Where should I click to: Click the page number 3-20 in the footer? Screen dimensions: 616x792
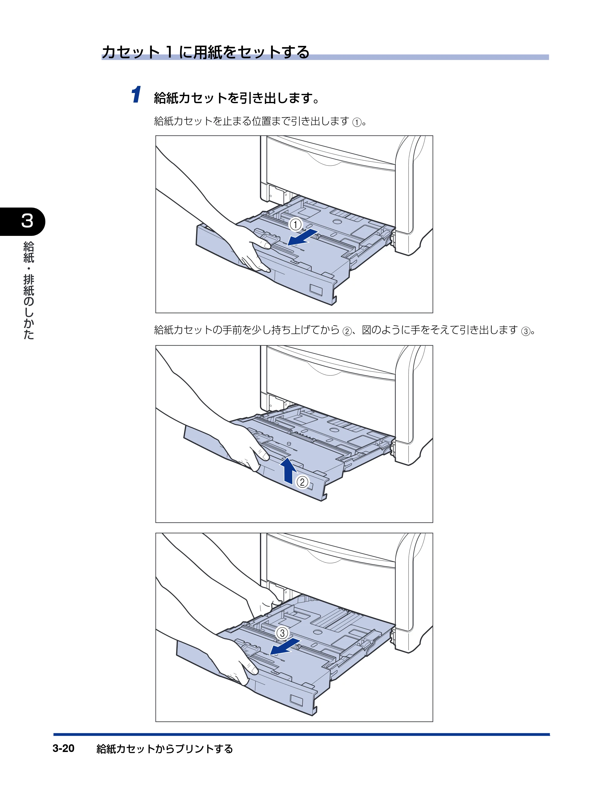pos(63,748)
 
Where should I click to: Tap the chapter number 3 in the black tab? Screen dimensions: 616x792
pos(27,221)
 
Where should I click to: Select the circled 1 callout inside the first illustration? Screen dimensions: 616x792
pos(295,224)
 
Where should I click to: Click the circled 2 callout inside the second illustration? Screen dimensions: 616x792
pos(302,482)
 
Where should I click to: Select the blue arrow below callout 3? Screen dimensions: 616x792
pos(285,647)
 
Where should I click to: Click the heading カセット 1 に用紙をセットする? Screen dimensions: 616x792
pos(205,52)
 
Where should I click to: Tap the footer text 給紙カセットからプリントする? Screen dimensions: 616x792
pos(165,749)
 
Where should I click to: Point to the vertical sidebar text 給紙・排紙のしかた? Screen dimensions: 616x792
pos(28,290)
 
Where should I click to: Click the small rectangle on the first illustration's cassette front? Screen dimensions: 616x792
pos(316,290)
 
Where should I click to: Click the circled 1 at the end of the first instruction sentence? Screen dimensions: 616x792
pos(357,122)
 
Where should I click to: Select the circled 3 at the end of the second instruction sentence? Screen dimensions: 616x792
pos(525,331)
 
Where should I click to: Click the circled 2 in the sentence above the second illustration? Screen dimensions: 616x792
pos(347,331)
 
